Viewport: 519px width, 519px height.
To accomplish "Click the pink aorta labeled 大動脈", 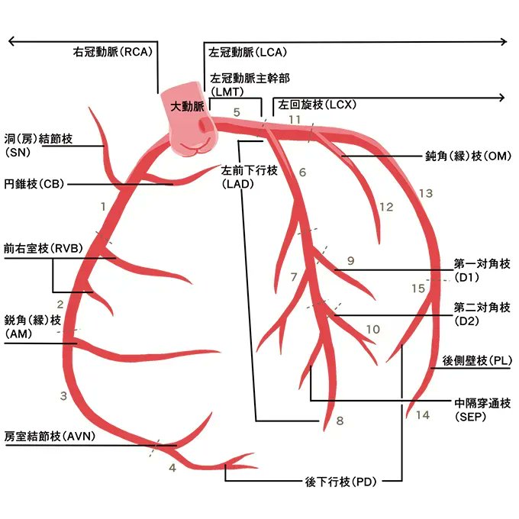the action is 192,122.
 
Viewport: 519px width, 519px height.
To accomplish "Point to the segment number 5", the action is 237,112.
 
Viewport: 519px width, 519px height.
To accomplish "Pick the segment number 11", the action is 295,121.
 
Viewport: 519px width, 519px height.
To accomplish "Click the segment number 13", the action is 425,194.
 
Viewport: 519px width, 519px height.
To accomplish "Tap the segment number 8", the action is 340,421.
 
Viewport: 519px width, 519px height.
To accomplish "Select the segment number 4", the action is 172,467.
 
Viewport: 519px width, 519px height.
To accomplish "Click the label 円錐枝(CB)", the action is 32,184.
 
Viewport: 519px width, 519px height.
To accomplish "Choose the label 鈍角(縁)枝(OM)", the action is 468,156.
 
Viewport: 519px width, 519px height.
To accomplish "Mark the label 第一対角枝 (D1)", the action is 482,270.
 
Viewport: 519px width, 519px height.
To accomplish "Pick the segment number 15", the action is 417,289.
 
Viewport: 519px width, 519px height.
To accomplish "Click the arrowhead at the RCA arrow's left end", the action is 11,42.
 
